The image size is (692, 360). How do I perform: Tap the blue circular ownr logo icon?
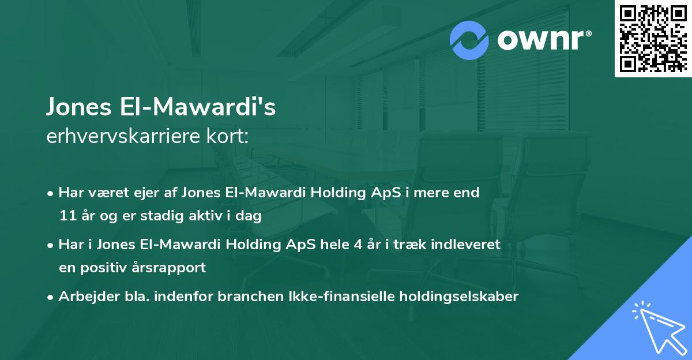tap(469, 40)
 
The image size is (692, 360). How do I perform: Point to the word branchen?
tap(244, 297)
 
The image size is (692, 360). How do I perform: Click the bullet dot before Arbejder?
tap(51, 297)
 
